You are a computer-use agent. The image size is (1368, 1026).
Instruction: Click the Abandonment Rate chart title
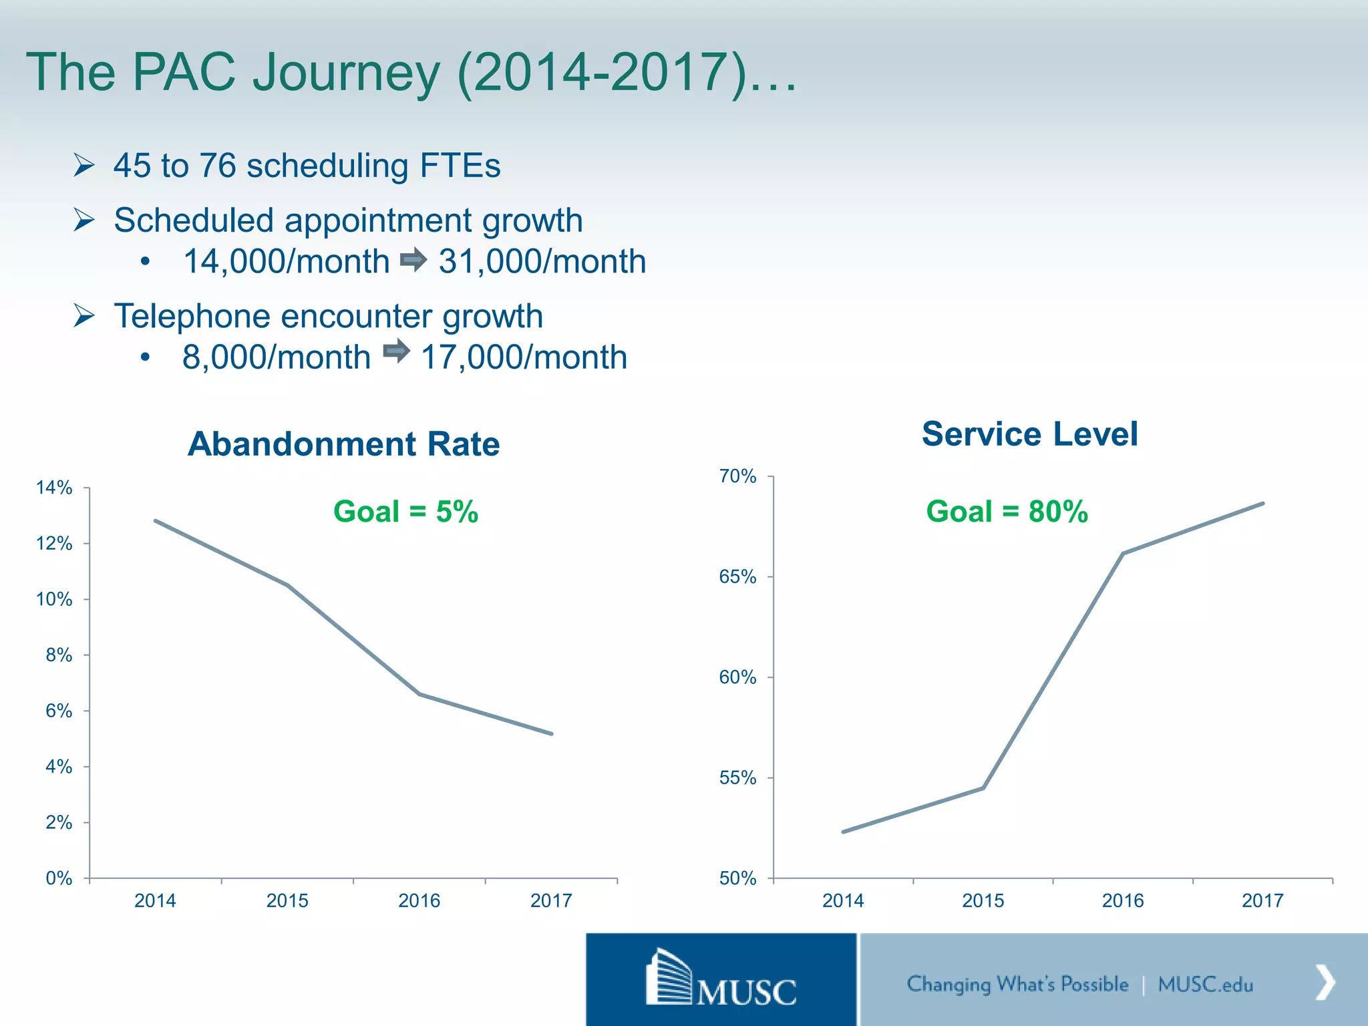point(343,444)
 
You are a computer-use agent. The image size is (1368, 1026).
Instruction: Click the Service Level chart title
point(1029,434)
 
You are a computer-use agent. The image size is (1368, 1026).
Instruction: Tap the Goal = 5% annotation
point(405,512)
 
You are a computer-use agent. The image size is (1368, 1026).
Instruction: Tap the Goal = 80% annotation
point(1007,512)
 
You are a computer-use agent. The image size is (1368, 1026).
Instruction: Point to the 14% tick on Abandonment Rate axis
point(54,488)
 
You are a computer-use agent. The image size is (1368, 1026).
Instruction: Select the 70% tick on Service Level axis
point(737,476)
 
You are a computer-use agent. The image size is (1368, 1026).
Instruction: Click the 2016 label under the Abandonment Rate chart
point(419,900)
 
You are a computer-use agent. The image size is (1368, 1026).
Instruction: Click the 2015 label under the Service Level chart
point(983,900)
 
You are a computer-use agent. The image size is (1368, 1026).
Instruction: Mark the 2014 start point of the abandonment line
point(156,520)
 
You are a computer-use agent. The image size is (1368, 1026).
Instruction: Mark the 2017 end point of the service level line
point(1262,504)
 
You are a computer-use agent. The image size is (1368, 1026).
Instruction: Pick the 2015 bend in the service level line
point(983,788)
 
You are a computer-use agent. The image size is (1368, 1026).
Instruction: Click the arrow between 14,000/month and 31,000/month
point(413,260)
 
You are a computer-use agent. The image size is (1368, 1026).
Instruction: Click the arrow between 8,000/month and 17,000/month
point(396,351)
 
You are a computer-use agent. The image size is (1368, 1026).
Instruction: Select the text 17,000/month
point(524,357)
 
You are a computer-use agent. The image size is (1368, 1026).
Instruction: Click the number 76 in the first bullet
point(218,166)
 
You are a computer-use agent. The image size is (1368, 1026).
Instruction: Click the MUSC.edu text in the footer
point(1205,984)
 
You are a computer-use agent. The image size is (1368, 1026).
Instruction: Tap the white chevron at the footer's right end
point(1325,982)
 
